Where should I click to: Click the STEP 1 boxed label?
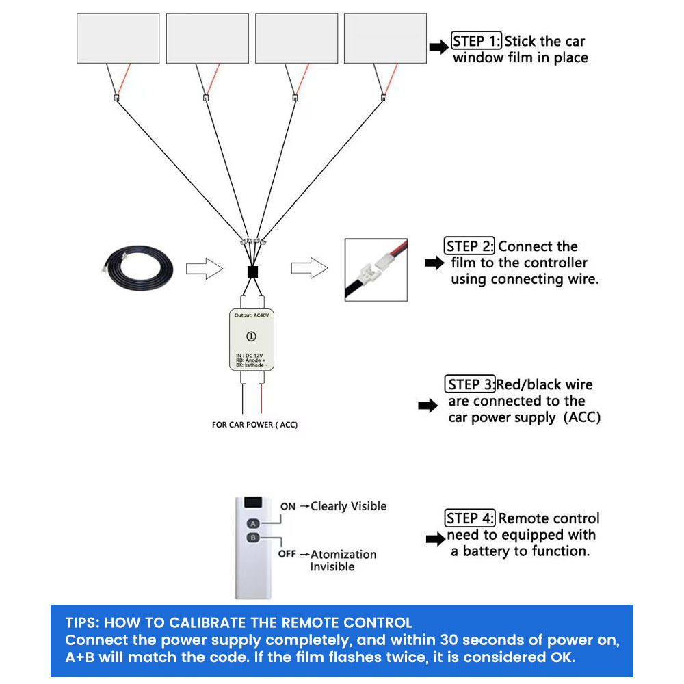477,41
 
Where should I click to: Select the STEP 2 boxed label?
470,246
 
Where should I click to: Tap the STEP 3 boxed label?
470,384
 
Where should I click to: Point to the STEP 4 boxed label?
471,518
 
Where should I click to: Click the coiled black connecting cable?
137,267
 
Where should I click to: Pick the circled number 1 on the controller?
251,336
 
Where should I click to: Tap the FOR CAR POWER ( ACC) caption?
254,425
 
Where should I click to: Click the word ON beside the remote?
288,507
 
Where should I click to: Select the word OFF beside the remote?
287,554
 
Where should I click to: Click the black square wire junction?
252,272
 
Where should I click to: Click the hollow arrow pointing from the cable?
205,269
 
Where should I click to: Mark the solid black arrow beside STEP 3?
428,406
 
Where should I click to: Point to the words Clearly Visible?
349,506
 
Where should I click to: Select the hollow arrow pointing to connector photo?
308,268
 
